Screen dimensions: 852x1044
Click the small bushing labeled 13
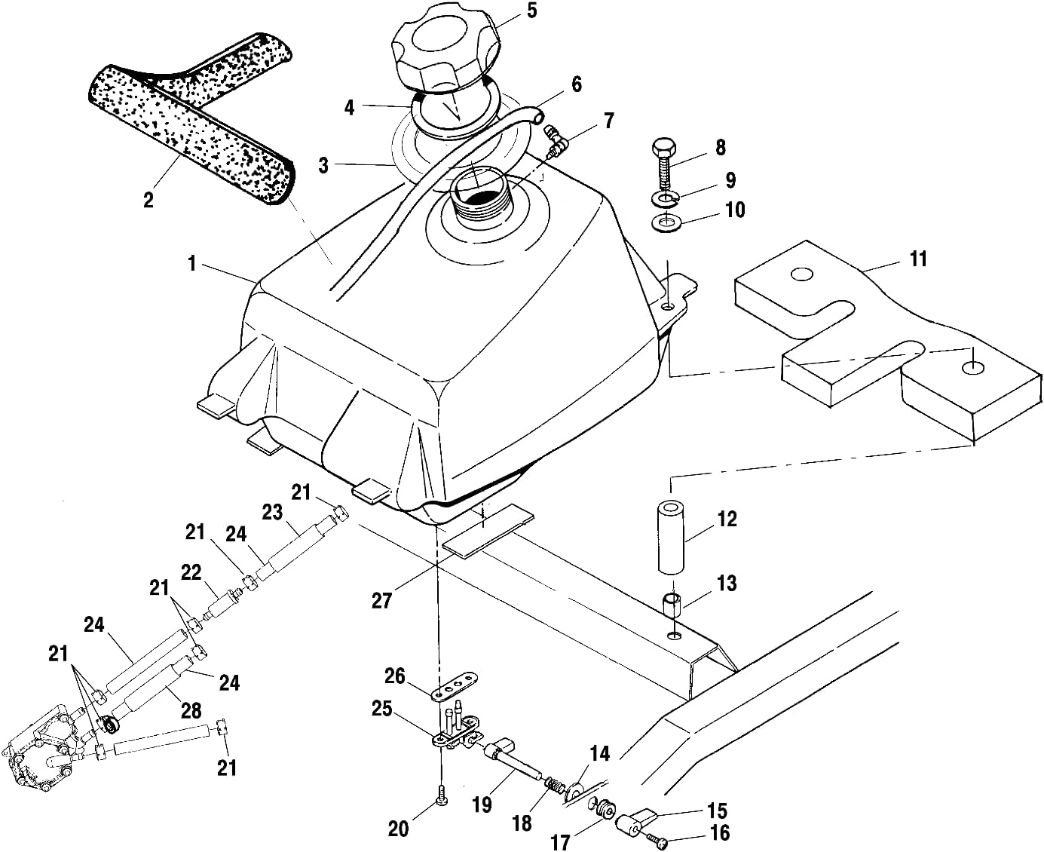672,604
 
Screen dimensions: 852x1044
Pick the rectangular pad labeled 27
488,531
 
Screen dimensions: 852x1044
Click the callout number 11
917,259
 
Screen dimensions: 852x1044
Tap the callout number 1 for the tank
192,264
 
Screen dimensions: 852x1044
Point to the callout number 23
271,513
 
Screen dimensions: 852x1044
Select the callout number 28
191,709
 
